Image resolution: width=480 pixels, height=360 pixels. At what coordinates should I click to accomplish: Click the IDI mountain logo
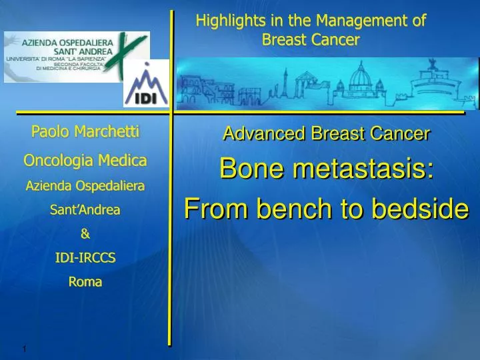click(145, 84)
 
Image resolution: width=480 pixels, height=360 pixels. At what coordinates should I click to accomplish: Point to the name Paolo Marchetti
click(85, 132)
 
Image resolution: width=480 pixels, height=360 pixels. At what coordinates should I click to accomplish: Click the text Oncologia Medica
click(85, 160)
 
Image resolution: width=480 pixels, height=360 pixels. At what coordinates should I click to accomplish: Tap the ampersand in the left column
click(85, 235)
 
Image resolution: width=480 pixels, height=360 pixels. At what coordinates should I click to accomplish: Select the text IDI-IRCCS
click(85, 258)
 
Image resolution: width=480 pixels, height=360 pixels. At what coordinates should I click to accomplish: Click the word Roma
click(85, 282)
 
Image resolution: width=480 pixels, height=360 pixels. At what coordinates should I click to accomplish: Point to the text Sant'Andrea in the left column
click(85, 210)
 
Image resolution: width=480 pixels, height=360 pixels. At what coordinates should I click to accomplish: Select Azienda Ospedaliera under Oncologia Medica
click(85, 187)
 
